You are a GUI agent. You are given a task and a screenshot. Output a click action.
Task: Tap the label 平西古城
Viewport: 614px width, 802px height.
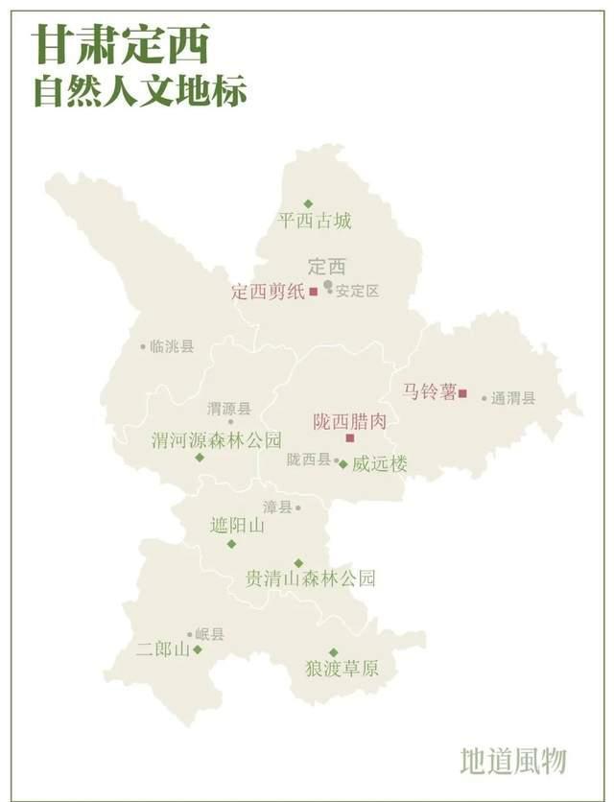(x=315, y=222)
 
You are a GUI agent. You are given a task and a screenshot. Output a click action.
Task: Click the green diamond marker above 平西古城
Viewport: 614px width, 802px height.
(x=308, y=203)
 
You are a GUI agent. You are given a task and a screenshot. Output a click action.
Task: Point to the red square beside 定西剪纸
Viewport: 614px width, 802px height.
(x=313, y=292)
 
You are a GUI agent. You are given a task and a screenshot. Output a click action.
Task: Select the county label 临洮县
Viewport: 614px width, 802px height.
(x=172, y=346)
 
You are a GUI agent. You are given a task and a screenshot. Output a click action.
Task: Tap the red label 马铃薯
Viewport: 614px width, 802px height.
(x=428, y=391)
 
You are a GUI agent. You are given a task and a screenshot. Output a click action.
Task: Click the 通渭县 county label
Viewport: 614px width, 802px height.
(x=513, y=398)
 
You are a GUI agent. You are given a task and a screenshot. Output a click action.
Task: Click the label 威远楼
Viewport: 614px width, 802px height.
(x=379, y=464)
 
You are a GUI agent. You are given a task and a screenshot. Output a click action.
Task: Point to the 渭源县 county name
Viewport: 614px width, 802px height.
(x=229, y=409)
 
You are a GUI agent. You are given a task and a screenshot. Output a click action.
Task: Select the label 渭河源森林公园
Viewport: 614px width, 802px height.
(x=217, y=440)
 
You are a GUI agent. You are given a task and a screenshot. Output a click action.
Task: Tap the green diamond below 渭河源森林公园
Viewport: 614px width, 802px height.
(x=200, y=458)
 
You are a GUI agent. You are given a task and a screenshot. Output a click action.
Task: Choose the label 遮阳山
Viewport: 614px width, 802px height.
(x=237, y=526)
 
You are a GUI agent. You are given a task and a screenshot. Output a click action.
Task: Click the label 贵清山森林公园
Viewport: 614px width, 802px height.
(x=310, y=578)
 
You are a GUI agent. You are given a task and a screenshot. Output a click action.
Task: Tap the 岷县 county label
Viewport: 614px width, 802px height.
(x=209, y=634)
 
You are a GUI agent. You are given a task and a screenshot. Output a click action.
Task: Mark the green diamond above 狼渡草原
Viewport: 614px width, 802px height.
(x=334, y=652)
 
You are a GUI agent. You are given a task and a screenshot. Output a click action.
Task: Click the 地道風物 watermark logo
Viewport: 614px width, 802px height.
(x=513, y=760)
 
